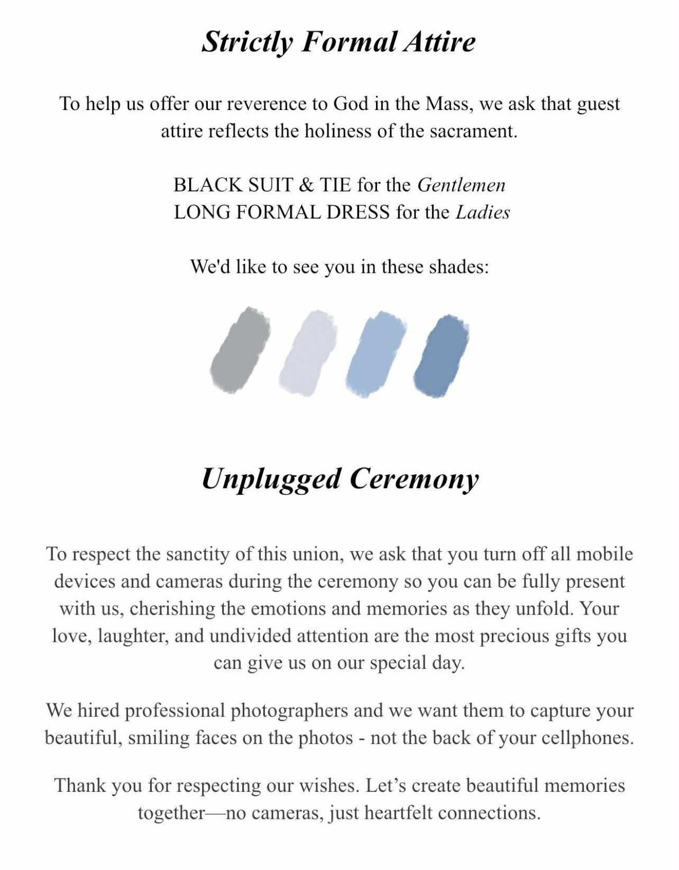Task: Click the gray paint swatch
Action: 240,351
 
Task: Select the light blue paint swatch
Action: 375,353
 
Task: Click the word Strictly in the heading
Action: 246,42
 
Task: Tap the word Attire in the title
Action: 439,42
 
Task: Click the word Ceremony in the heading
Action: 414,479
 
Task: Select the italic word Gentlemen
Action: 461,185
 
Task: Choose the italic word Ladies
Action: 483,213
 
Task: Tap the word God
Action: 351,104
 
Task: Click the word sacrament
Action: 473,131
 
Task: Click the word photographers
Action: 289,710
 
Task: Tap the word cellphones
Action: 587,738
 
